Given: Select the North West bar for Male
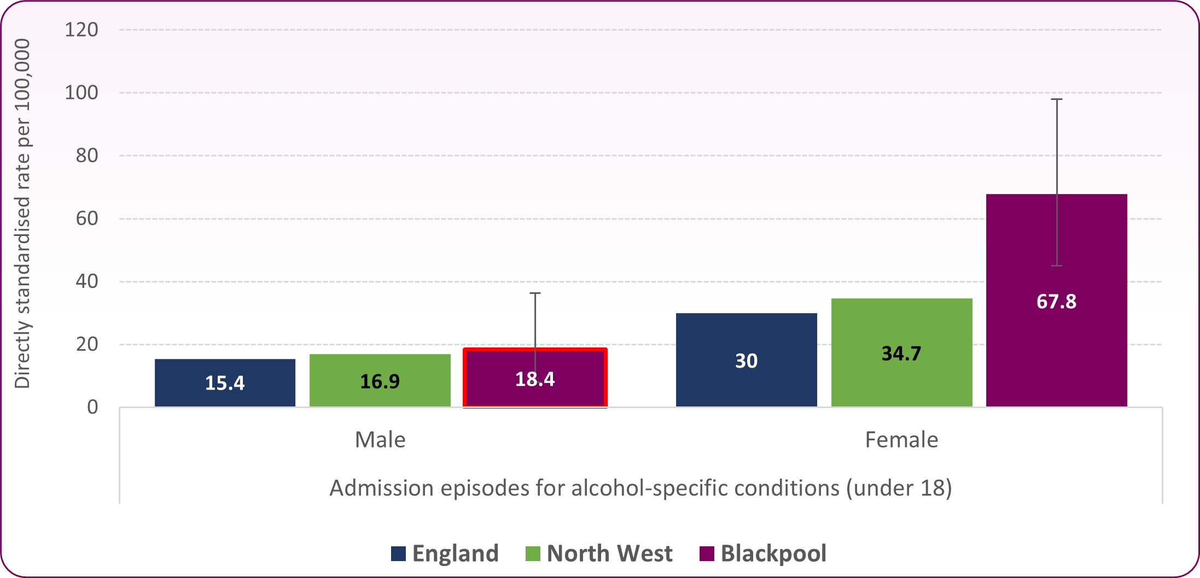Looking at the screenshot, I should point(380,380).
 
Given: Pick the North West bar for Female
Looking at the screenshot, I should point(901,352).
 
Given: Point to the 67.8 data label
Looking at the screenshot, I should point(1056,302).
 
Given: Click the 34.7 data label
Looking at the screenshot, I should point(901,353).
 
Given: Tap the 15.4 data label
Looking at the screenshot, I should point(225,383).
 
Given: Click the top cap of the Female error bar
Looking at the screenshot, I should point(1057,99).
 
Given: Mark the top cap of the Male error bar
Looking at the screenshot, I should point(535,293).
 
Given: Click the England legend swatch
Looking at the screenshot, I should point(398,553).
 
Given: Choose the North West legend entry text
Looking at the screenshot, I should point(609,553).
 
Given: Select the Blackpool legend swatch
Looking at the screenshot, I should point(707,553).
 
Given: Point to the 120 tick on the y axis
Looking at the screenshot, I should point(81,30).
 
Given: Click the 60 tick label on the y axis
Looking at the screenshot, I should point(87,219).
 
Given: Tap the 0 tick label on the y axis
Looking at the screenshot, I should point(92,407).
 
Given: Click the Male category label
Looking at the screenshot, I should point(380,440).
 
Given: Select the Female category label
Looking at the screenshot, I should point(901,440).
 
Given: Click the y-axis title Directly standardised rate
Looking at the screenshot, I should point(22,213).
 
